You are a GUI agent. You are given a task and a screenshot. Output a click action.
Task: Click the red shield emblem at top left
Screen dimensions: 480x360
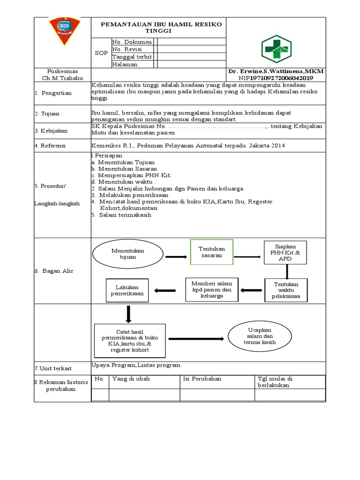[65, 32]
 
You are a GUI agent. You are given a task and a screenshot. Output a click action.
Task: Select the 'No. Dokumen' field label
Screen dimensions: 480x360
[132, 42]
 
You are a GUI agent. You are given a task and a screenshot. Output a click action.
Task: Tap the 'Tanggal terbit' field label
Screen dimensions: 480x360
[132, 57]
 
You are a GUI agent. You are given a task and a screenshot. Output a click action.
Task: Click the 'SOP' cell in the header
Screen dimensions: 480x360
[101, 53]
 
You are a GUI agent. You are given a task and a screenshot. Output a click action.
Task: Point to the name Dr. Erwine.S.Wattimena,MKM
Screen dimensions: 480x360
[276, 71]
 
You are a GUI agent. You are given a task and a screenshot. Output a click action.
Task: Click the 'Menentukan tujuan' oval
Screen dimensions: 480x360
[127, 254]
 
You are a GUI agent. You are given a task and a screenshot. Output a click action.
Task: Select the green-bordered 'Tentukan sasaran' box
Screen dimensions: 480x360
[211, 252]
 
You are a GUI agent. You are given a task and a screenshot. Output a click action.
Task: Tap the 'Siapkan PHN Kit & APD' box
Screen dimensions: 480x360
[285, 253]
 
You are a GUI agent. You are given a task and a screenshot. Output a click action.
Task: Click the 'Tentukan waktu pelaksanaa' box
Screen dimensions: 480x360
[286, 291]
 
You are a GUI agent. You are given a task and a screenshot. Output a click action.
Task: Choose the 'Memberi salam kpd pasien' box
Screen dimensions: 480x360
[212, 290]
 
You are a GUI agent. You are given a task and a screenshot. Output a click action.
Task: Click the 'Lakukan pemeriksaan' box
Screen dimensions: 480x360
[127, 290]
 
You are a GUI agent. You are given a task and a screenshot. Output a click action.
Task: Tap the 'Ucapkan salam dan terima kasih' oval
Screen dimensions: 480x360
[259, 337]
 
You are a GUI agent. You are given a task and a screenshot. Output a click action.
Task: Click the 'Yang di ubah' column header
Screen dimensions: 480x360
[131, 379]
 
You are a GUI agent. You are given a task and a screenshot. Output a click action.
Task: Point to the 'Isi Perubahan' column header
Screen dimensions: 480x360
[202, 379]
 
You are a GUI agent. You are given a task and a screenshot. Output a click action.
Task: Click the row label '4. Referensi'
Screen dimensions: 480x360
[50, 146]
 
